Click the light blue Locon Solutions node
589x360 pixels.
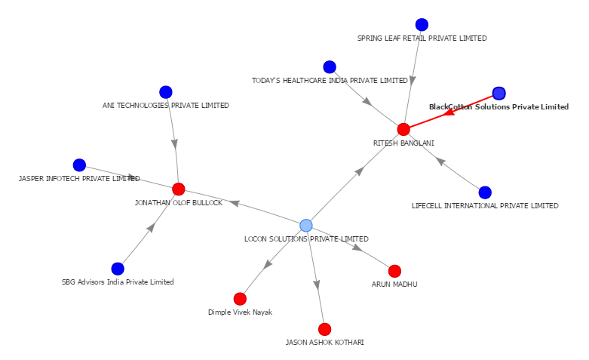coord(305,226)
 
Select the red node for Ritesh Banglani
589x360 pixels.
coord(403,129)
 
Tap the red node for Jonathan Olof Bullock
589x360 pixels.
coord(179,189)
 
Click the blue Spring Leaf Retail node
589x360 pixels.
coord(422,25)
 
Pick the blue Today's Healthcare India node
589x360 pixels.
coord(330,67)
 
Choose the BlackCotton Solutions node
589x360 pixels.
coord(499,94)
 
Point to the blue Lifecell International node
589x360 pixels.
coord(485,192)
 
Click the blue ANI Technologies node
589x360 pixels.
coord(166,92)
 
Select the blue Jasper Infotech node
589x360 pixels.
coord(79,165)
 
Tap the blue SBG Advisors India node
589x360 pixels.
coord(118,269)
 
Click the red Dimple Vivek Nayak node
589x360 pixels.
coord(240,299)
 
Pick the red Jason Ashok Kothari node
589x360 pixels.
coord(324,329)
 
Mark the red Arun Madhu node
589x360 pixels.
coord(394,271)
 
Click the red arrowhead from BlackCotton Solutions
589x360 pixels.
coord(448,114)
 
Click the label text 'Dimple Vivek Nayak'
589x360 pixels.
coord(240,312)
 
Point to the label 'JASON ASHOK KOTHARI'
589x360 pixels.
coord(324,342)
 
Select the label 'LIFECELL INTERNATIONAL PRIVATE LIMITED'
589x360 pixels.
coord(485,205)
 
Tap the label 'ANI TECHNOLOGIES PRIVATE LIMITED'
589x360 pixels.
coord(166,106)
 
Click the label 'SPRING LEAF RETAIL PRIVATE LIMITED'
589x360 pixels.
coord(422,38)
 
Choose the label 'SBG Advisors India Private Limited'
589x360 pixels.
coord(118,282)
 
